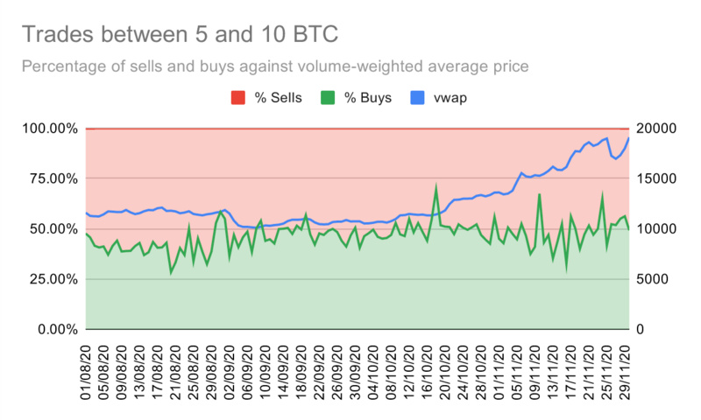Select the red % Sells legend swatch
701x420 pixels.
coord(238,97)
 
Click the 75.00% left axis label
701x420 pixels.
coord(50,178)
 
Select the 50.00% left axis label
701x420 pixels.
coord(50,229)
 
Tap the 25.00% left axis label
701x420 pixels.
coord(50,279)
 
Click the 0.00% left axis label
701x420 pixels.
coord(53,330)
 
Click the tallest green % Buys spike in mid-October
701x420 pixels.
coord(436,186)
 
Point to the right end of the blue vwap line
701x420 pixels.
coord(629,137)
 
